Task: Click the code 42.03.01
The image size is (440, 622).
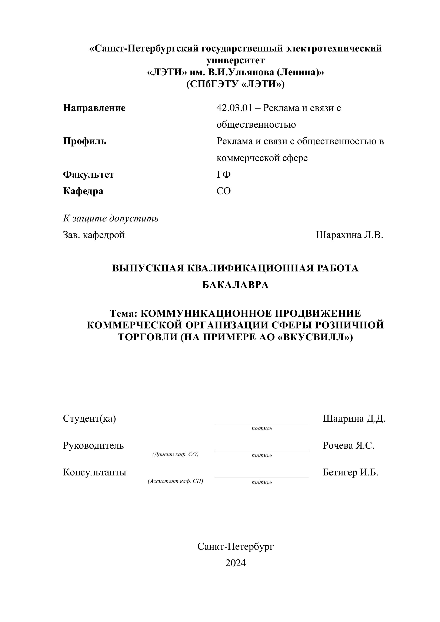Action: (234, 108)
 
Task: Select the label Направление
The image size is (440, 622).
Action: (94, 108)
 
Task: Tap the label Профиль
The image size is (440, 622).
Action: (84, 141)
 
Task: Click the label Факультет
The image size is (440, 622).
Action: (89, 175)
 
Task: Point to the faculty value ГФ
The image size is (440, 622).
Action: (224, 175)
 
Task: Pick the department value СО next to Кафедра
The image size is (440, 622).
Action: (224, 191)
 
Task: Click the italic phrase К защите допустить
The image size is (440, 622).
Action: (111, 218)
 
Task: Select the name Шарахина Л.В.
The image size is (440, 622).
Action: (350, 235)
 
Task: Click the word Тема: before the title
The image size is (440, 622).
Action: (124, 313)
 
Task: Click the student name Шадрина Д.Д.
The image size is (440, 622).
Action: (354, 419)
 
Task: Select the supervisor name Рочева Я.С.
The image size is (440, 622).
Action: (349, 445)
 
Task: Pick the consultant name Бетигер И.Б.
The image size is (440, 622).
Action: (350, 472)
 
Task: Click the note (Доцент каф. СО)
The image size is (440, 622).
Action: (176, 454)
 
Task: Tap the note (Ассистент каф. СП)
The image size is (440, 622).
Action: (176, 481)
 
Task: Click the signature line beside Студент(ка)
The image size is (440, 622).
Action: (262, 423)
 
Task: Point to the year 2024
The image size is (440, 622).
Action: (236, 563)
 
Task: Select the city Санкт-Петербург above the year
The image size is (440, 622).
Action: (236, 547)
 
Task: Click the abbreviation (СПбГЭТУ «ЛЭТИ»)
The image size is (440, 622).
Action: (236, 84)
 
